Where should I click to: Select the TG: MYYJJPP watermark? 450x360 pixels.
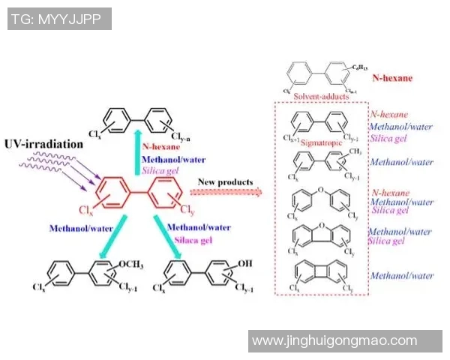pos(59,19)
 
